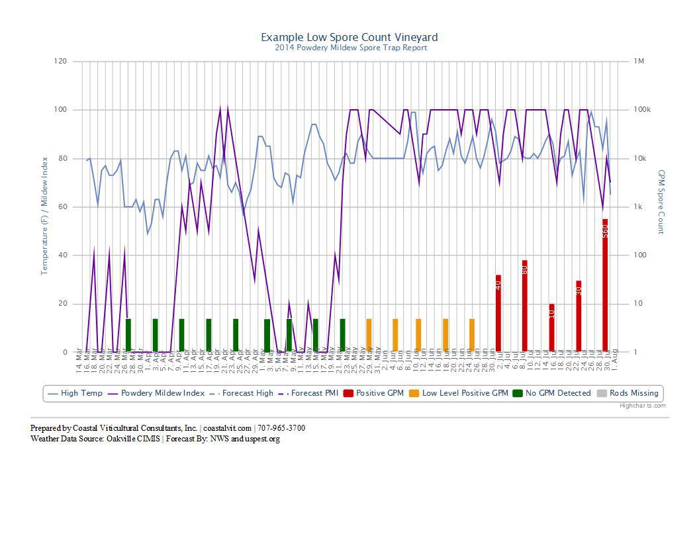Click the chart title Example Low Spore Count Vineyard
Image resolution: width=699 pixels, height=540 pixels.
[349, 37]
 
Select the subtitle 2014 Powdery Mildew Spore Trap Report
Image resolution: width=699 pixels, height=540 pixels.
[351, 48]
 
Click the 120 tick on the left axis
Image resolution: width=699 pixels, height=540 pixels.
[60, 62]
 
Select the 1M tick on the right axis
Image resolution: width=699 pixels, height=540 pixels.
[639, 62]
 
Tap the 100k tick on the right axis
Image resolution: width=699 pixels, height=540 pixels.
[642, 110]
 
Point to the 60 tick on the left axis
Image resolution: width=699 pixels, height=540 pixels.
[62, 207]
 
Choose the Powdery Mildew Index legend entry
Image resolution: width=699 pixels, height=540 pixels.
[162, 393]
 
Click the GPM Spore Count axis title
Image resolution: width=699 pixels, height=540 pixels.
[661, 202]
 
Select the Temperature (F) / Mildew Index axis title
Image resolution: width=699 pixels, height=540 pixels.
[45, 216]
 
